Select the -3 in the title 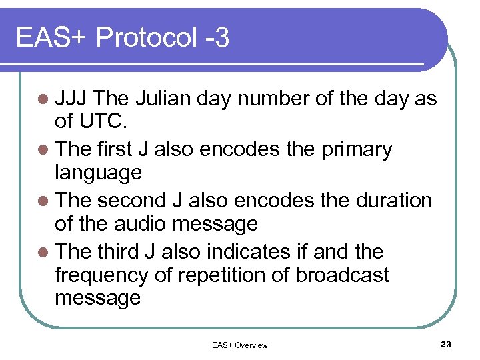(x=217, y=38)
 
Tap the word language (x=98, y=173)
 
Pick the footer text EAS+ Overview (x=239, y=345)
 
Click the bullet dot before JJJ (x=45, y=99)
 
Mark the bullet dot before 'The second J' (x=45, y=201)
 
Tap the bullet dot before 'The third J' (x=45, y=252)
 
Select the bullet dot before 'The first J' (x=45, y=149)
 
